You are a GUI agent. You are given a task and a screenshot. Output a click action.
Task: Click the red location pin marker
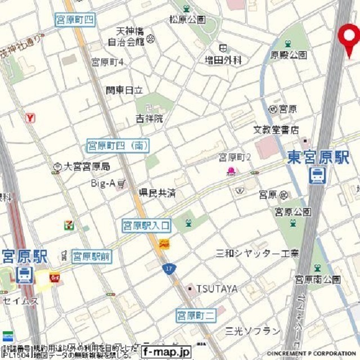tap(349, 38)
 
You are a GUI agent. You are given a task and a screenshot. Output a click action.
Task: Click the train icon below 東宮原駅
tap(317, 175)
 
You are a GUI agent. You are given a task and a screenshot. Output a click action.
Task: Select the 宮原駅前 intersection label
tap(92, 256)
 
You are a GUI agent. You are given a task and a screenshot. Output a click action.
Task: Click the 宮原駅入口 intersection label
tap(146, 226)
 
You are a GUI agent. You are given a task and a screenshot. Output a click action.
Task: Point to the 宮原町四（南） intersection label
tap(118, 146)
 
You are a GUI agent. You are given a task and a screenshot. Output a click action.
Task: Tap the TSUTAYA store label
tap(217, 289)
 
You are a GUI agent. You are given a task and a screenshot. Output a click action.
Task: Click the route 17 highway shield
tap(168, 269)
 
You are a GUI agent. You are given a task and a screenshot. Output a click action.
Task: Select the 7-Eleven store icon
tap(69, 224)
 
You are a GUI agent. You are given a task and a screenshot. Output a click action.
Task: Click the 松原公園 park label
tap(187, 20)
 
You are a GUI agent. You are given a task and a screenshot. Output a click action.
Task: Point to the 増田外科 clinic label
tap(237, 59)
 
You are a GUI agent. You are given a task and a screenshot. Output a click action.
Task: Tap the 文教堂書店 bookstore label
tap(276, 130)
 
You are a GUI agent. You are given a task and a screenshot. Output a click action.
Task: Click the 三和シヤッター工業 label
tap(258, 253)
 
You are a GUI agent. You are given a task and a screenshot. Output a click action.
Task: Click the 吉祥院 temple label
tap(149, 118)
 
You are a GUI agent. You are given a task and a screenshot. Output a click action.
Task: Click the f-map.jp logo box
tap(166, 352)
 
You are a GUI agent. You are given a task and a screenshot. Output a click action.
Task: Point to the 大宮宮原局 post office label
tap(87, 166)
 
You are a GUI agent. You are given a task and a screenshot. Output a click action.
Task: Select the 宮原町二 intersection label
tap(196, 315)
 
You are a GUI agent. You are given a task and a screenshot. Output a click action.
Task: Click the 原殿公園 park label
tap(289, 55)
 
